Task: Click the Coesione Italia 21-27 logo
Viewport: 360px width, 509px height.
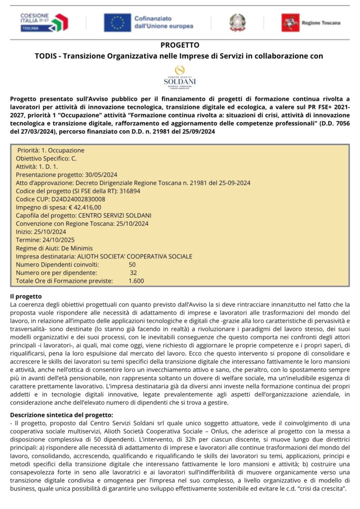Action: pos(44,22)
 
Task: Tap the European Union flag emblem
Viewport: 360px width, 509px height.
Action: pos(117,22)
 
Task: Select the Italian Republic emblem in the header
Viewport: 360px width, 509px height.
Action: pos(237,22)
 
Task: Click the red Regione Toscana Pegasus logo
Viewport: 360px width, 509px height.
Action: pos(290,22)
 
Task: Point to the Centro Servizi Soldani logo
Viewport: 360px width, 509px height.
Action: pos(180,77)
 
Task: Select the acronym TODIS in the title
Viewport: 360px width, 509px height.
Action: pos(46,56)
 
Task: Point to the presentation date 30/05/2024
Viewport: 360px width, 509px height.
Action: pos(101,174)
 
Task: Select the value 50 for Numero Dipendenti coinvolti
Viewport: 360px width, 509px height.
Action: pos(132,264)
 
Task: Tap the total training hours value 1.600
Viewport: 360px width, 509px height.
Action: pos(136,281)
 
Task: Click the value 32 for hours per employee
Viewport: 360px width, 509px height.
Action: pos(133,273)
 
